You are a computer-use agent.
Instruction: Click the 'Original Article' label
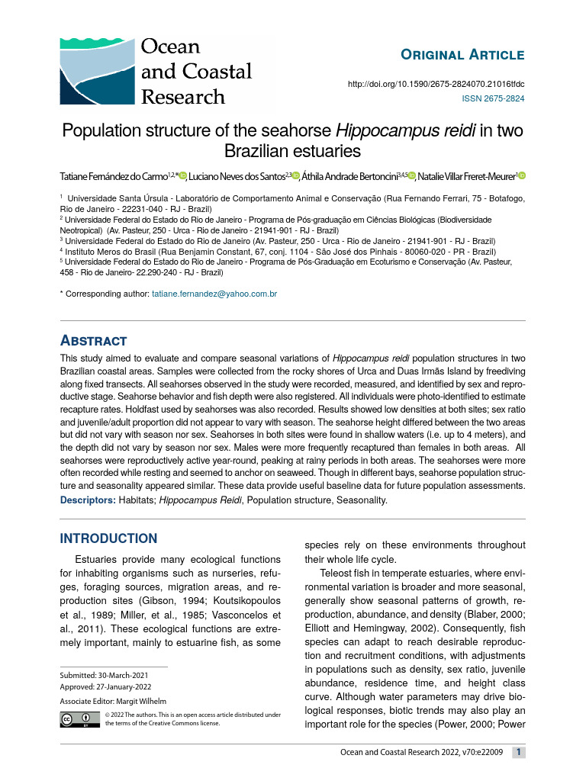tap(462, 54)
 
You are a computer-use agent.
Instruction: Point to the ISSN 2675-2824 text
tap(494, 98)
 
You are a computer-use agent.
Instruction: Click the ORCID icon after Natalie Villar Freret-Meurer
tap(522, 176)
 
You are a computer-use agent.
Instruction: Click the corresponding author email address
tap(214, 294)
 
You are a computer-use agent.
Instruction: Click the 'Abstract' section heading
tap(93, 340)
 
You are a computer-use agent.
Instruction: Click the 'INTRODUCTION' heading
tap(108, 538)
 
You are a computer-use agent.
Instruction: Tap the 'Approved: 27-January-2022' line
tap(105, 686)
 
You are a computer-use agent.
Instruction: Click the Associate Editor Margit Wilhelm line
tap(113, 701)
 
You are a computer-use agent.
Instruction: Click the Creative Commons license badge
tap(80, 718)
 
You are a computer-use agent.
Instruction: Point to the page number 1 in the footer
tap(518, 753)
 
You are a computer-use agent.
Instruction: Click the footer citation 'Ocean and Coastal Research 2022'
tap(420, 754)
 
